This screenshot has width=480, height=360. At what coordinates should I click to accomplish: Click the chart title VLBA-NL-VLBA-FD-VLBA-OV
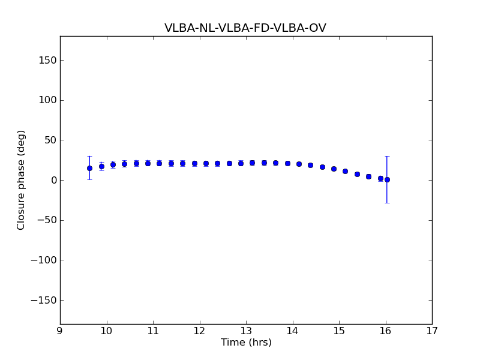click(245, 28)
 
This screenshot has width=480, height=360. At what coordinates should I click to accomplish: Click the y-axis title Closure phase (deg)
click(22, 180)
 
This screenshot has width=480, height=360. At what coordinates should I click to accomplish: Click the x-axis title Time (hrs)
click(246, 343)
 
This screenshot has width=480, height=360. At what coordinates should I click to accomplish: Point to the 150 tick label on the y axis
click(47, 60)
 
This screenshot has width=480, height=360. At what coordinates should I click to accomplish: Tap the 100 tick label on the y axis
click(47, 100)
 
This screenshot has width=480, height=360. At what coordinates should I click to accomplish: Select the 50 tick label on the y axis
click(50, 140)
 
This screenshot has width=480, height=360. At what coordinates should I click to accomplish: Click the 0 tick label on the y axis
click(53, 180)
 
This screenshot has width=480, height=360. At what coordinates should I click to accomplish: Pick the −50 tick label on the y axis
click(47, 220)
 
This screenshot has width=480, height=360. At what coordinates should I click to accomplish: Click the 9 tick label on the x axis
click(60, 331)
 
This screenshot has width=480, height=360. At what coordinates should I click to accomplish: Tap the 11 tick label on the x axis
click(153, 331)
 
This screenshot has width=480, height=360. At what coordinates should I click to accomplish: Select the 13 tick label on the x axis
click(246, 331)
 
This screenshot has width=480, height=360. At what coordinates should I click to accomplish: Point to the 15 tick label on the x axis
click(339, 331)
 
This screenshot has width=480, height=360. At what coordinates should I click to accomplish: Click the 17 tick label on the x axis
click(432, 331)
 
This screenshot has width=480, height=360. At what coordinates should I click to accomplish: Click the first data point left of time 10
click(89, 168)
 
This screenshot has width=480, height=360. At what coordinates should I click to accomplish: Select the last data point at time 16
click(387, 179)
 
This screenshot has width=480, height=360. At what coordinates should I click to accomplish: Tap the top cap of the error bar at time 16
click(387, 156)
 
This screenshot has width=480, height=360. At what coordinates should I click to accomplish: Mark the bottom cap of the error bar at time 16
click(387, 203)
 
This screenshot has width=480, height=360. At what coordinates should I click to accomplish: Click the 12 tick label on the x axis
click(199, 331)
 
